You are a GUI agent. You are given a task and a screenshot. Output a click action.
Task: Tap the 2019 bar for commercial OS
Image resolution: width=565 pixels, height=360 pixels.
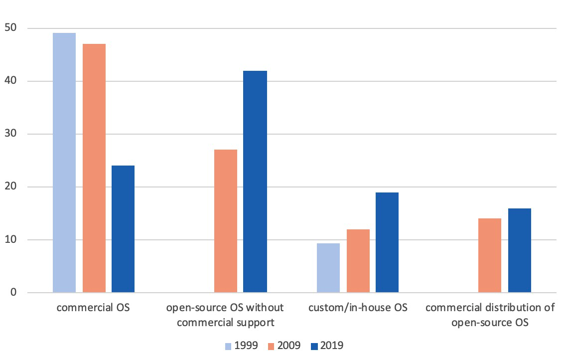123,229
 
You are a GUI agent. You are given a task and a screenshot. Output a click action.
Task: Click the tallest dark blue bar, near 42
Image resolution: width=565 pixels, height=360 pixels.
255,181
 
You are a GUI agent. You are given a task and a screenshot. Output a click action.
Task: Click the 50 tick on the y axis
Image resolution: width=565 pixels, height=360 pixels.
9,28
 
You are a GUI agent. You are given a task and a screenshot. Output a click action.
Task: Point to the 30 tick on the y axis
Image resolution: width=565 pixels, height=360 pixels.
9,134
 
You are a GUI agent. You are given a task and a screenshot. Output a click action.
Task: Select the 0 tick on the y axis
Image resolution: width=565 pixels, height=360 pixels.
12,293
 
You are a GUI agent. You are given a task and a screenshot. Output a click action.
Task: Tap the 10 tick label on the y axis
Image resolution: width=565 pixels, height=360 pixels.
9,240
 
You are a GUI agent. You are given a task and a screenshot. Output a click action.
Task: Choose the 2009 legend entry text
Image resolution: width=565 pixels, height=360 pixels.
289,346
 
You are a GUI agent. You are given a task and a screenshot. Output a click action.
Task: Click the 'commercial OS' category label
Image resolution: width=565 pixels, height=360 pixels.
93,308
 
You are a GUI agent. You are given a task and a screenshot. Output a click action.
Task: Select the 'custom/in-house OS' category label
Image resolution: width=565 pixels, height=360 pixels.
358,308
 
